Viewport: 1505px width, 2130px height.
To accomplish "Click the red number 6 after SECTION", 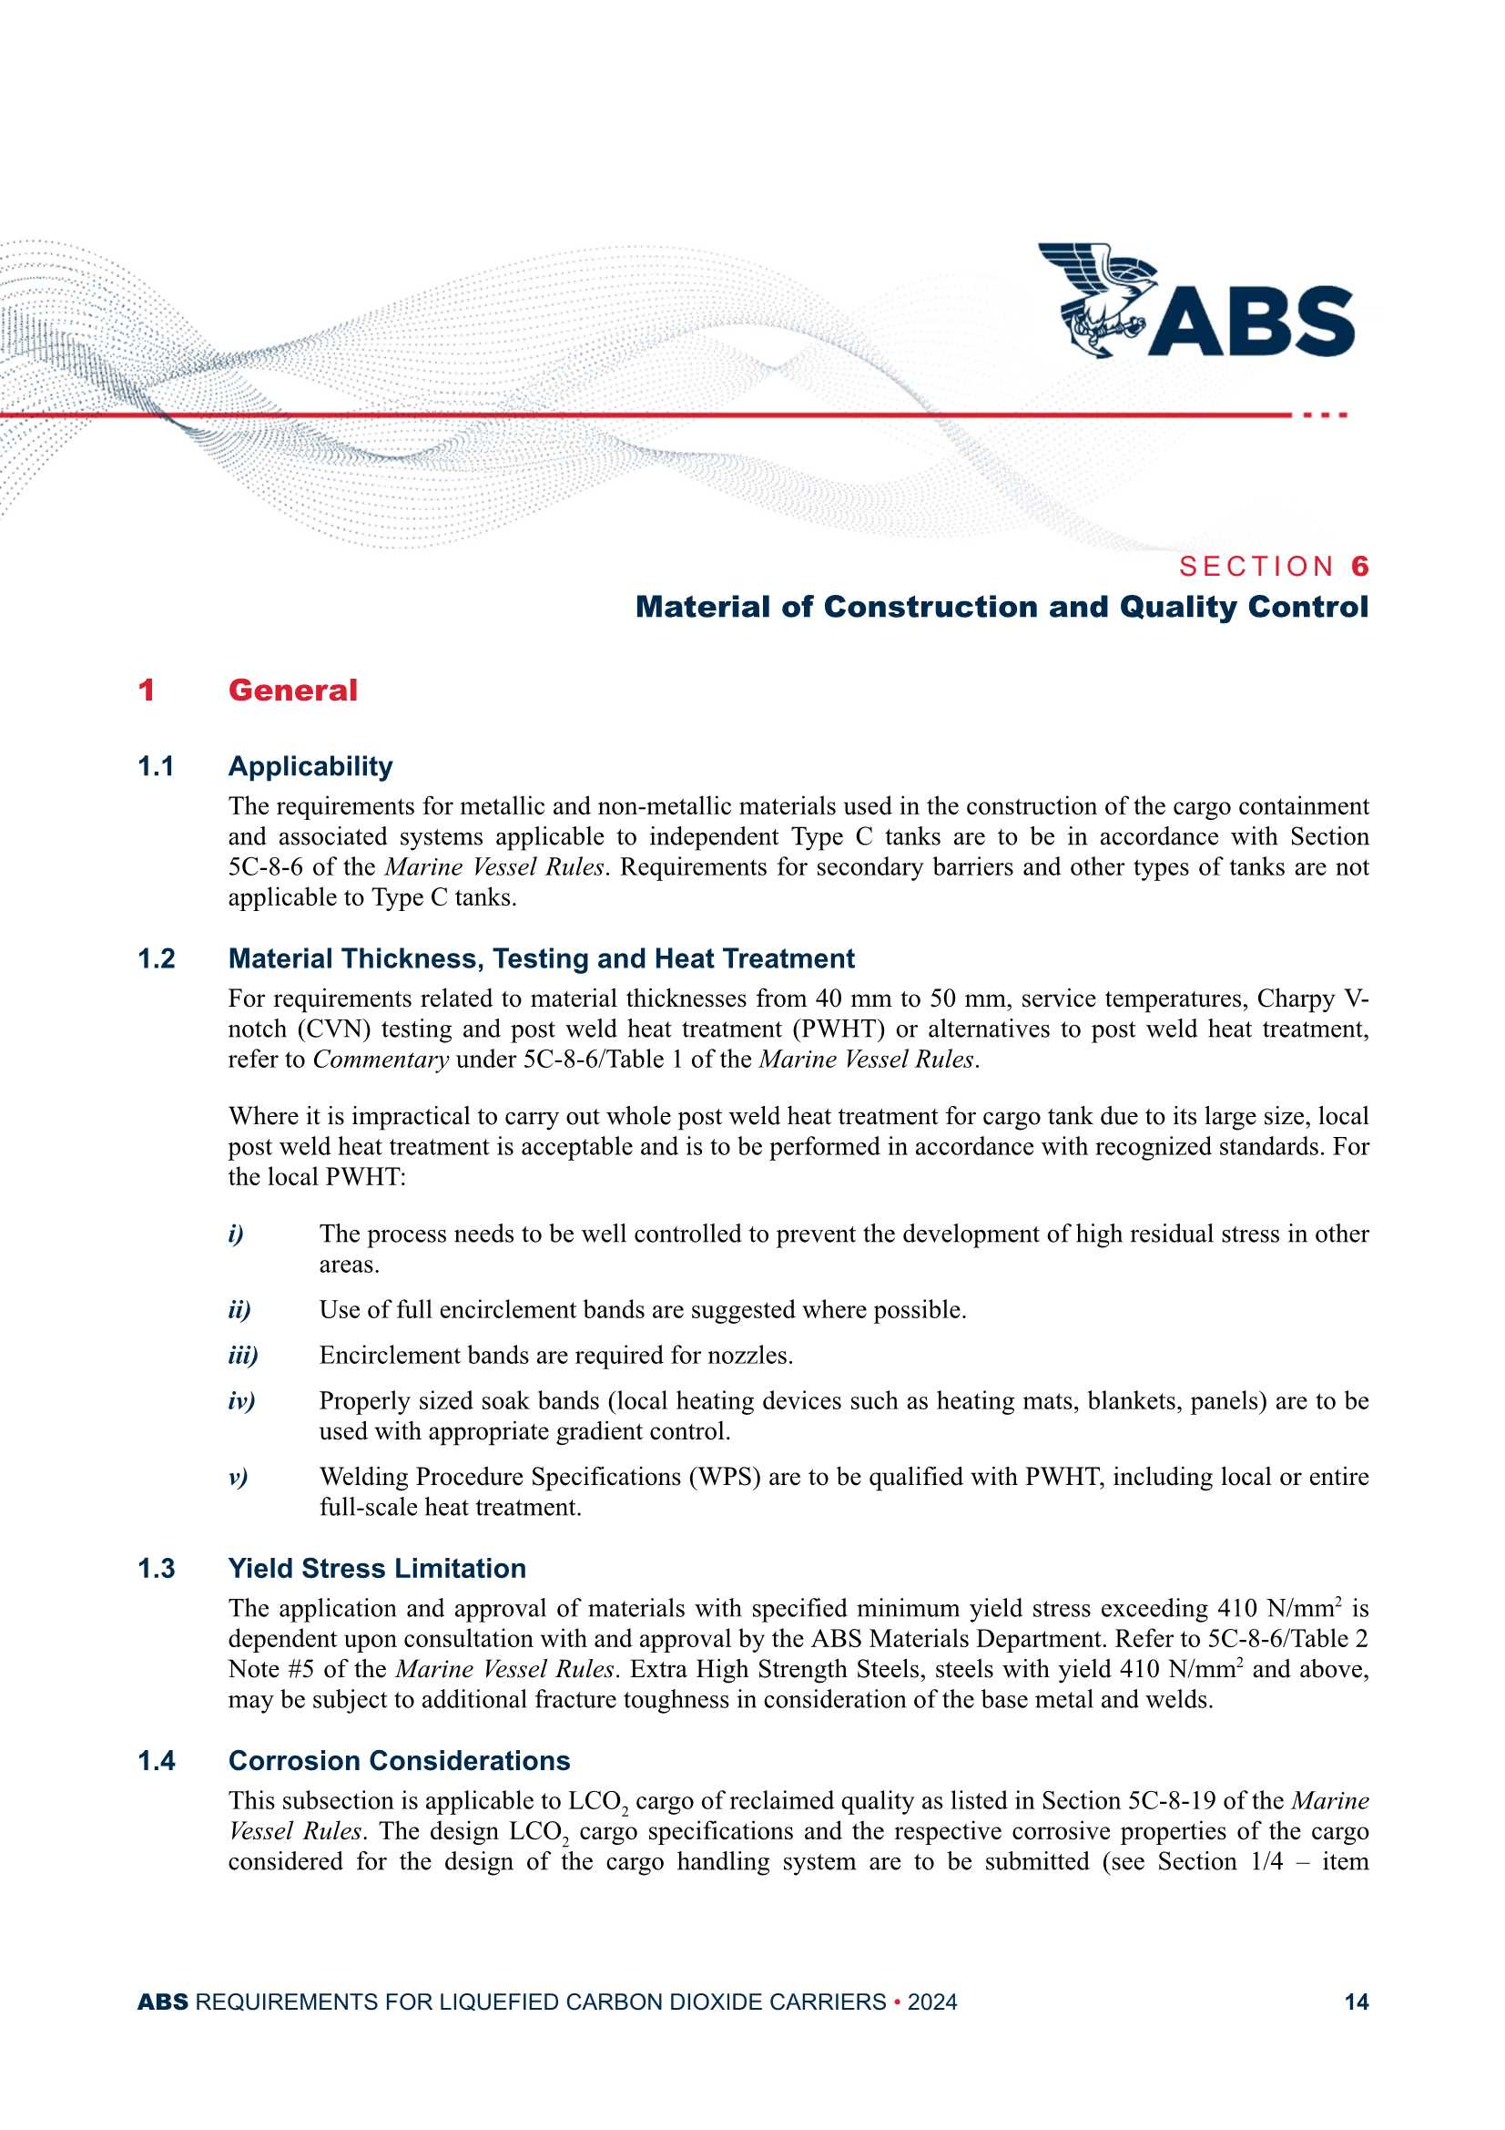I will [x=1359, y=566].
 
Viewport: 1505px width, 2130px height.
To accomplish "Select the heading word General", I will [x=292, y=691].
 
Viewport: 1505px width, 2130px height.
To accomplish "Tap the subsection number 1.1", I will [x=156, y=766].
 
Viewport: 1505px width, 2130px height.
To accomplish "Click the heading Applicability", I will [x=310, y=766].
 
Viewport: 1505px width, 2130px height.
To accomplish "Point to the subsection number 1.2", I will [x=156, y=958].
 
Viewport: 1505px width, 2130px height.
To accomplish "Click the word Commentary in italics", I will [x=381, y=1060].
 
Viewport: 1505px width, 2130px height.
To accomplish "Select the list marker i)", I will [x=236, y=1234].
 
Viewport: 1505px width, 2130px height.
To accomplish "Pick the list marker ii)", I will [x=239, y=1310].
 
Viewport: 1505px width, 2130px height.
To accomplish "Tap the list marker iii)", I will [x=243, y=1356].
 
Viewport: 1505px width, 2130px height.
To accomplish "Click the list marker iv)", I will [x=241, y=1401].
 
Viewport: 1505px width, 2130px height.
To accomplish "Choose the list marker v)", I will [x=238, y=1477].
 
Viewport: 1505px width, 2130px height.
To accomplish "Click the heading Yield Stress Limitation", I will [x=377, y=1569].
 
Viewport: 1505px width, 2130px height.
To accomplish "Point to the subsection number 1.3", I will [x=156, y=1569].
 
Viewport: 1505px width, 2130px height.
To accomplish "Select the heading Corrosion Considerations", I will [x=399, y=1761].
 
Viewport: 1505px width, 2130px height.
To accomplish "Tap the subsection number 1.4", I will [x=156, y=1761].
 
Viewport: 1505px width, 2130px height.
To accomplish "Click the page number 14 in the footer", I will [x=1356, y=2002].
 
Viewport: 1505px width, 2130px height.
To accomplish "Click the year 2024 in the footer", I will [x=932, y=2002].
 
